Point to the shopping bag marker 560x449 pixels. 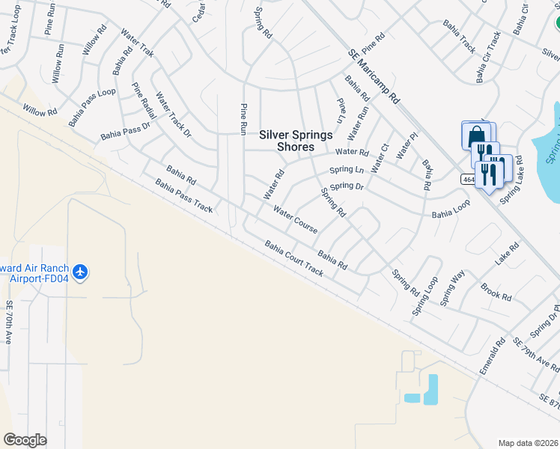[476, 137]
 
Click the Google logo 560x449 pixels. [25, 440]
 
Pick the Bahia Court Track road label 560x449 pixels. [293, 258]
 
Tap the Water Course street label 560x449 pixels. [295, 219]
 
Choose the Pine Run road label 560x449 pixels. [243, 119]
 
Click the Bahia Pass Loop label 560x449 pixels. [92, 106]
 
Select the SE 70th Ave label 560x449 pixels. [10, 323]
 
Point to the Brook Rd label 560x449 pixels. [496, 292]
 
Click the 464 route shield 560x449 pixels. [466, 180]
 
